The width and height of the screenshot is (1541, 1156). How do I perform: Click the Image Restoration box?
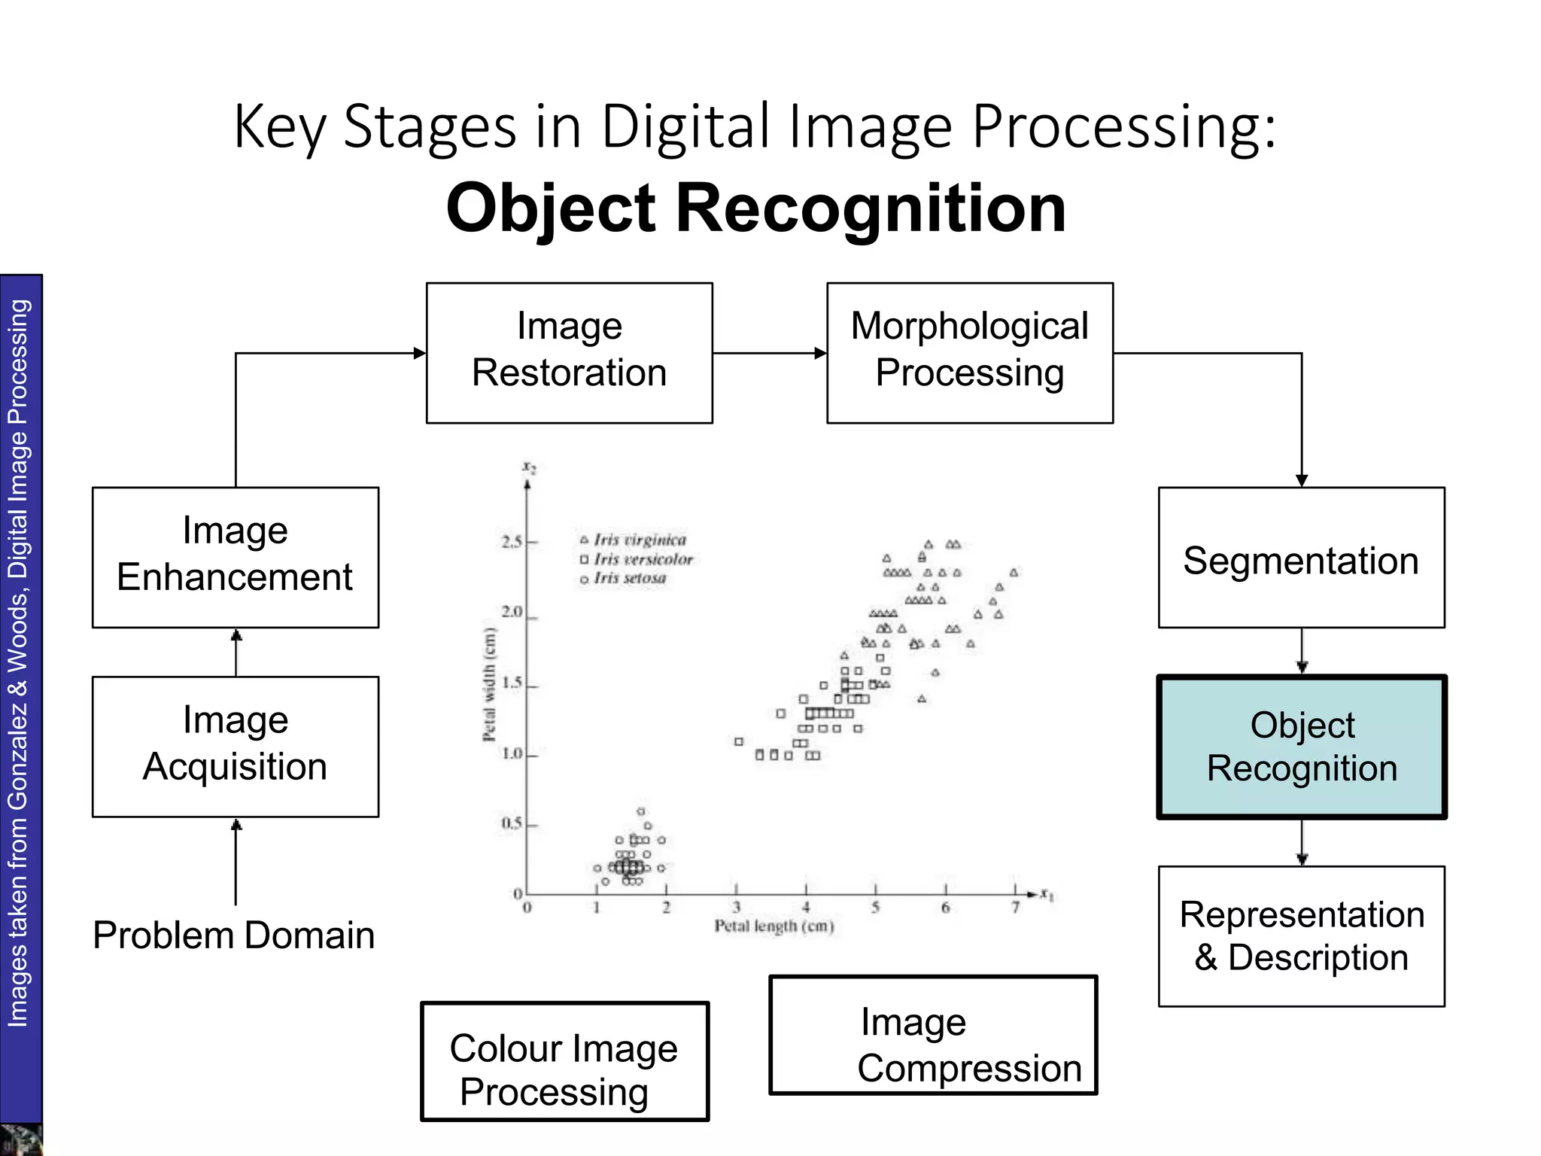[x=569, y=353]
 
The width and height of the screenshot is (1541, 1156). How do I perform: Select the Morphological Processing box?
[x=969, y=353]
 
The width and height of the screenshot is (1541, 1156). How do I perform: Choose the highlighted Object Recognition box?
[x=1302, y=747]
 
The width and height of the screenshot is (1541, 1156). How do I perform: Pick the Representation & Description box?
[x=1301, y=936]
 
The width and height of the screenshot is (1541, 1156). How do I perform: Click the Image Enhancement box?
[x=235, y=558]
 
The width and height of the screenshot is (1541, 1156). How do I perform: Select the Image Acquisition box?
[x=235, y=747]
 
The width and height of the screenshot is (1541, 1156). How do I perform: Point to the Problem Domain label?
[x=233, y=935]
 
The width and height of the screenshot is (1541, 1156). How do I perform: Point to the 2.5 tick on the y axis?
[x=513, y=542]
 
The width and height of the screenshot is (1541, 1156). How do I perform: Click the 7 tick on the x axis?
[x=1015, y=907]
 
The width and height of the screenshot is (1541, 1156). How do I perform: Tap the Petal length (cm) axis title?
[x=774, y=926]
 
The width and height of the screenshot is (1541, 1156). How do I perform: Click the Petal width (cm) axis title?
[x=490, y=684]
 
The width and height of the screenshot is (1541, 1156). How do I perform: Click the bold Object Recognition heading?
[x=756, y=208]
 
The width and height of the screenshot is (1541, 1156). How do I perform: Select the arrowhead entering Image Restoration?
[x=420, y=353]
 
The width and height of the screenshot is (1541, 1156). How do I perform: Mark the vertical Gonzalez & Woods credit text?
[x=18, y=662]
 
